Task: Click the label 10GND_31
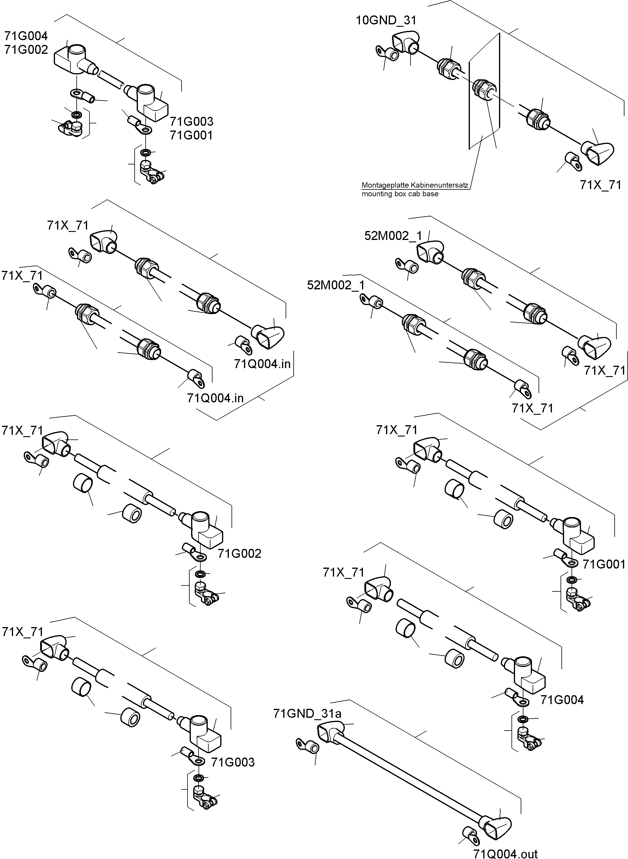(x=386, y=20)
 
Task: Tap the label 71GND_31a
(x=307, y=714)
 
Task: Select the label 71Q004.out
(x=505, y=851)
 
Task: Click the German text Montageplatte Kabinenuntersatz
(x=415, y=185)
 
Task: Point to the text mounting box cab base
(x=400, y=194)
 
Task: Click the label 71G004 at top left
(x=26, y=36)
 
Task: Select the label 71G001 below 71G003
(x=191, y=135)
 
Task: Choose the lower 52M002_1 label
(x=336, y=285)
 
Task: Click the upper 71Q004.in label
(x=262, y=364)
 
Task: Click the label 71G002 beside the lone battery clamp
(x=240, y=554)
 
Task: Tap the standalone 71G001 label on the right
(x=604, y=564)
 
